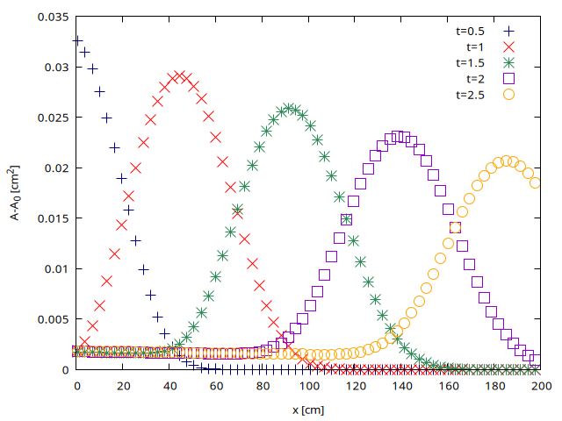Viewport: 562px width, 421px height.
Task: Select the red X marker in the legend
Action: click(508, 46)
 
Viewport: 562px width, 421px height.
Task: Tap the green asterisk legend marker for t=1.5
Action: click(508, 62)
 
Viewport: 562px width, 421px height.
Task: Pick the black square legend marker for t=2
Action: click(508, 78)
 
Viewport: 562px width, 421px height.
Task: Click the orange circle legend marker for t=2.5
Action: click(508, 95)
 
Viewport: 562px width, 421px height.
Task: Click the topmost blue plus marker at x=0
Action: click(77, 40)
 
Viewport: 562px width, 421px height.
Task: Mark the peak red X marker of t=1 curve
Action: click(179, 76)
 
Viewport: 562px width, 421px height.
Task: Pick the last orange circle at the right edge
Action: click(535, 182)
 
